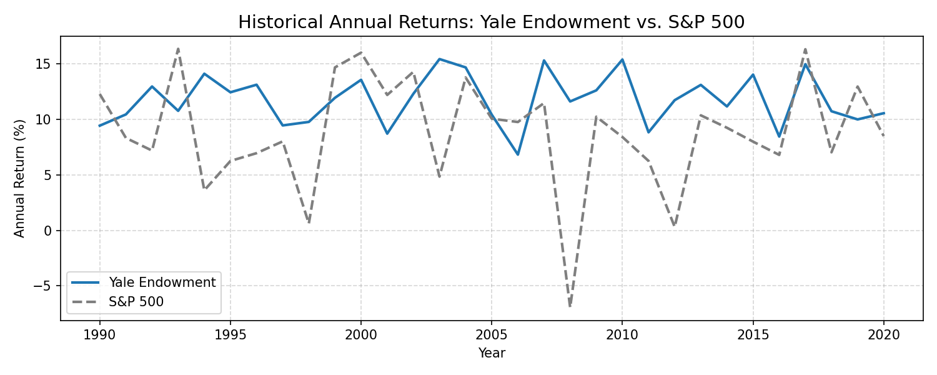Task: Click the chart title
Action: [492, 22]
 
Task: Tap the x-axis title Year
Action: [492, 353]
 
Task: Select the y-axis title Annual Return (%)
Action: [19, 179]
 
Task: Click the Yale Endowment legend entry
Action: [144, 282]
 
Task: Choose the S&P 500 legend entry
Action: [117, 302]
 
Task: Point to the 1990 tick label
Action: [99, 335]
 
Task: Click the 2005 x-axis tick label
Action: [492, 335]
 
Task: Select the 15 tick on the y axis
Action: [46, 64]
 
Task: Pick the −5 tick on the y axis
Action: [43, 286]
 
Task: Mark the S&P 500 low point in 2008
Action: [570, 307]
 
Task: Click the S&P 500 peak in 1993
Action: [178, 49]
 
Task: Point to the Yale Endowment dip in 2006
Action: [518, 155]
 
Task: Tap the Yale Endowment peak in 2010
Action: [622, 59]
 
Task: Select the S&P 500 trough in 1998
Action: [309, 222]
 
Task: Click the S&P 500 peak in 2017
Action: [805, 49]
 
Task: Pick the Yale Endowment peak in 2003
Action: [439, 59]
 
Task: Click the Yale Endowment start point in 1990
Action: [99, 126]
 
